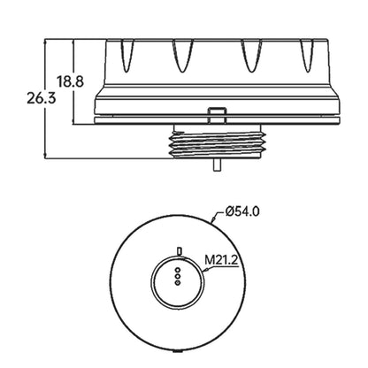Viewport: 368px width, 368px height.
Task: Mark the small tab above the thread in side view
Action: coord(216,113)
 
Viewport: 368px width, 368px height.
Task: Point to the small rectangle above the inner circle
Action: coord(179,250)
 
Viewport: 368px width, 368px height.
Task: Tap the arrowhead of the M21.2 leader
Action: coord(200,274)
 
